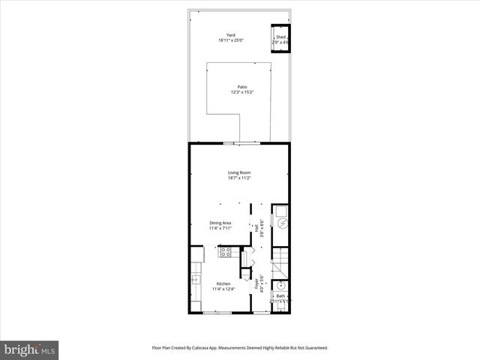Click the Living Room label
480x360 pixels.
239,172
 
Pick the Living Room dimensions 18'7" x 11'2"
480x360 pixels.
239,178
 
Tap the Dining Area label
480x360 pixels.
220,222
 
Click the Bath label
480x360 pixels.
280,296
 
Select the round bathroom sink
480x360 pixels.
280,285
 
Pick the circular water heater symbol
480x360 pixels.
282,223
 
